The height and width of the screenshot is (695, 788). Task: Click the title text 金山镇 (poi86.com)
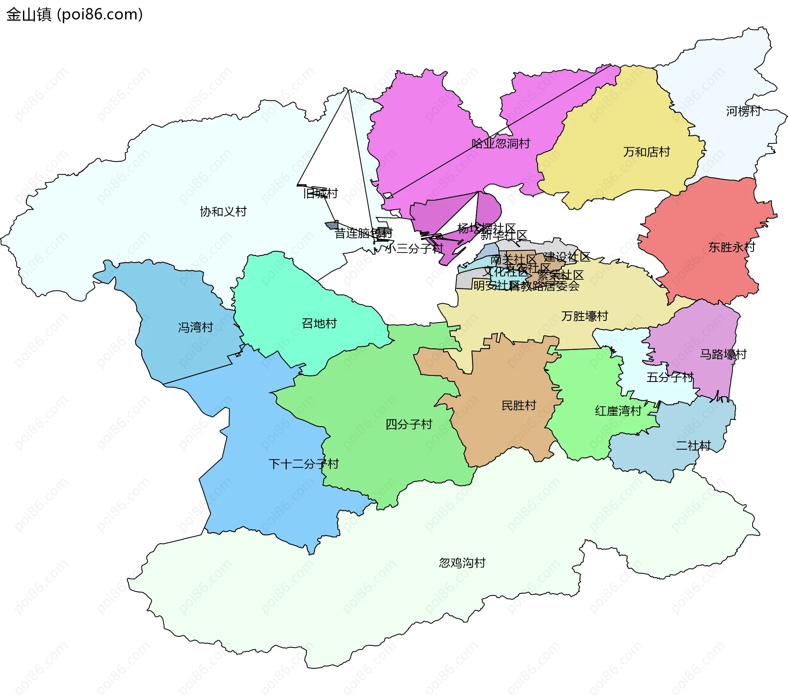(x=74, y=14)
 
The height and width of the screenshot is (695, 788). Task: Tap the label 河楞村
(x=743, y=111)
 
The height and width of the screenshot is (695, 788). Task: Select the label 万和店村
(x=646, y=152)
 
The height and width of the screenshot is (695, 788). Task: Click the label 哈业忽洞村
(x=501, y=144)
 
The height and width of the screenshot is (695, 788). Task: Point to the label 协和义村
(x=223, y=212)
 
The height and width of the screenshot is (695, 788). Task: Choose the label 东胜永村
(x=731, y=247)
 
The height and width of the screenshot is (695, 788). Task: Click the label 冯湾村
(x=195, y=327)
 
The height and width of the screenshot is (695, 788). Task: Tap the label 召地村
(x=319, y=323)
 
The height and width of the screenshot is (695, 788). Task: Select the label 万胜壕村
(x=584, y=316)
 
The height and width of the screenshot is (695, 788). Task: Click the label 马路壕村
(x=723, y=354)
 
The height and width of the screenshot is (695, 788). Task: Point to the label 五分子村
(x=670, y=377)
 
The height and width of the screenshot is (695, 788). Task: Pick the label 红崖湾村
(x=618, y=411)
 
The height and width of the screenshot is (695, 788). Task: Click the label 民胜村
(x=519, y=405)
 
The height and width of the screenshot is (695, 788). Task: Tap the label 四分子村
(x=409, y=424)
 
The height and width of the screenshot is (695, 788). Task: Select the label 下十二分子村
(x=303, y=464)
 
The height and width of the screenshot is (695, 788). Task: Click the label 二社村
(x=693, y=446)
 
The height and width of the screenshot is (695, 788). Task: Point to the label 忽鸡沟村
(x=462, y=562)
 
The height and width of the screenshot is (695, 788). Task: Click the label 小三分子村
(x=415, y=248)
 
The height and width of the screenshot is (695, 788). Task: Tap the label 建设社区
(x=567, y=257)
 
